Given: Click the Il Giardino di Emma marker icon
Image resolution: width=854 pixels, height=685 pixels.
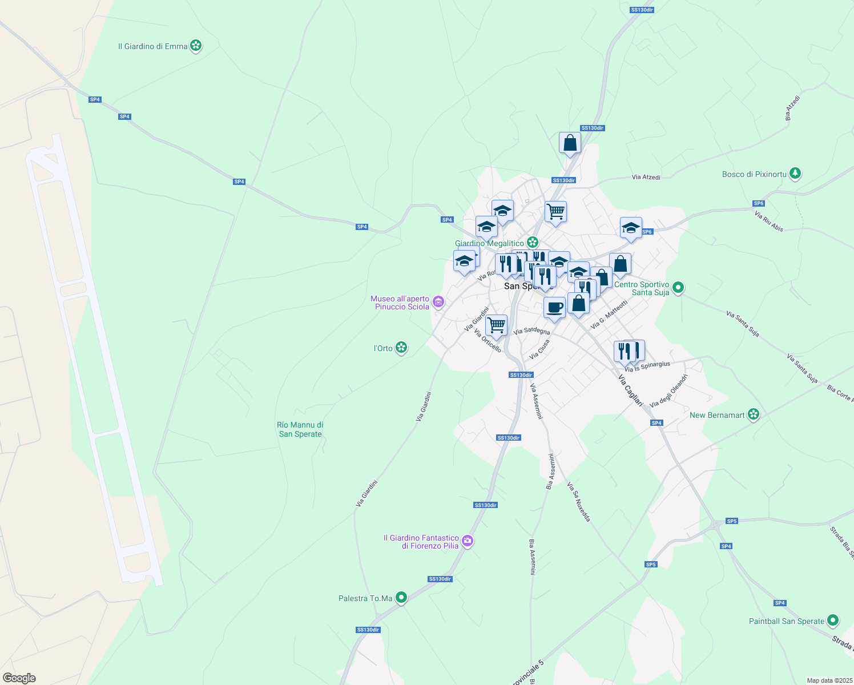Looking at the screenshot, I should pos(196,46).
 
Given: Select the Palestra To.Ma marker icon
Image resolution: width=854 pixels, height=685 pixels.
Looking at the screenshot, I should pos(401,598).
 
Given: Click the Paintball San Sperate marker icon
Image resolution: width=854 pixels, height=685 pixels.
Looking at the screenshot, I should pos(833,620).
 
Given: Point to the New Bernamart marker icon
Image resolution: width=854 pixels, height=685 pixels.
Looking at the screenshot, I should pos(754,414).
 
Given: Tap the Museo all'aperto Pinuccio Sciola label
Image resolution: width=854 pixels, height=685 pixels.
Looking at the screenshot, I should pos(400,303).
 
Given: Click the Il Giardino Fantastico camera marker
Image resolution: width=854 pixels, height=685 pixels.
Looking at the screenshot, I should pos(468,541).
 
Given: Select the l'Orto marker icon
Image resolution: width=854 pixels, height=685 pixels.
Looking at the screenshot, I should pos(401,348).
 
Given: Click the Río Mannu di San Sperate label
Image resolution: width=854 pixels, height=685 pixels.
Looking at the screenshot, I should pos(300,429).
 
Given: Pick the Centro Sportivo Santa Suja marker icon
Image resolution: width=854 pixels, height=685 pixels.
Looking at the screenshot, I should pos(678,288).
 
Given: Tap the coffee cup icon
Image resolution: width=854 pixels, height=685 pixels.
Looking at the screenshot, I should pos(554,308).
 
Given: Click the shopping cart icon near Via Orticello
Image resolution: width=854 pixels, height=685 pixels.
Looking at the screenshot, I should pos(496,325).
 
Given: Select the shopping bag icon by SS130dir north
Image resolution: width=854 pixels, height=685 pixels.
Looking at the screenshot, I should pos(570,143).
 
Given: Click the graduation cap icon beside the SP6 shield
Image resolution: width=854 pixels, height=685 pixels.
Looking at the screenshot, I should pos(631,228).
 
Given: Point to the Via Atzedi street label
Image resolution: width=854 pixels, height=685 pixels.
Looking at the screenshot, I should pos(646,178).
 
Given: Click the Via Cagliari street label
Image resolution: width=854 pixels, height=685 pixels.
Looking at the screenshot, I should pos(630,390).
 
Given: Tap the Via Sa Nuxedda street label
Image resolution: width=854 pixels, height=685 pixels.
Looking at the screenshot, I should pos(578,502).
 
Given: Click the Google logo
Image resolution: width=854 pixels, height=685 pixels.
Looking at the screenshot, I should pos(19,678).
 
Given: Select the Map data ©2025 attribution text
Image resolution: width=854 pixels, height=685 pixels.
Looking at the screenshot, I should pos(829,680).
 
